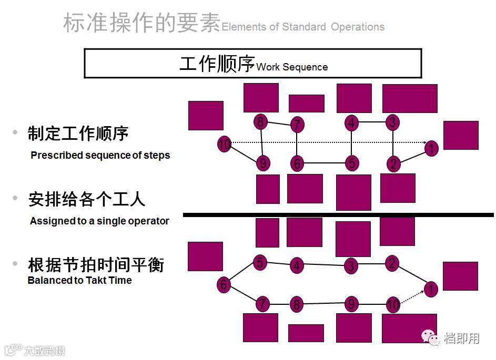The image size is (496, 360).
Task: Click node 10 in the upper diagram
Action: [x=225, y=144]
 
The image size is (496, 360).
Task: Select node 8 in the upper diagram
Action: [x=260, y=122]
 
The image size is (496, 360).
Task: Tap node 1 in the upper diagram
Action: [x=431, y=148]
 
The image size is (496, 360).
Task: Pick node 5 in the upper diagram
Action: [x=352, y=163]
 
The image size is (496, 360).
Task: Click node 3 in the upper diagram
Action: [x=392, y=122]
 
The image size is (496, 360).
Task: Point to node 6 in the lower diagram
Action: [x=224, y=285]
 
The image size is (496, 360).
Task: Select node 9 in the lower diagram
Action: [x=351, y=304]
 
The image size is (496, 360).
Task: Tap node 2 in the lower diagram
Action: [x=392, y=263]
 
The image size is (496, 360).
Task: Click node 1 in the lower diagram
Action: [x=431, y=289]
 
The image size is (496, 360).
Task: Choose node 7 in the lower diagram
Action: [x=262, y=304]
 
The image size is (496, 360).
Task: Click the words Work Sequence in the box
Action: [x=292, y=67]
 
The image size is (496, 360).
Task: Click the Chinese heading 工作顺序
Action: [x=217, y=64]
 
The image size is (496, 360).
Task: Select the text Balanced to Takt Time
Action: [x=79, y=281]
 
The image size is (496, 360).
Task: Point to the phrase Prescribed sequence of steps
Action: [x=100, y=156]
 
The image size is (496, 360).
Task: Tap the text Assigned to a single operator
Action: [x=99, y=221]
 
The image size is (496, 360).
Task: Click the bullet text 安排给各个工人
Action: [x=87, y=200]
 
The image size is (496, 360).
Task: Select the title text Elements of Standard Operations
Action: [x=303, y=27]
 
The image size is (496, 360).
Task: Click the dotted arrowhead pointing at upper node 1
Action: [x=424, y=142]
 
